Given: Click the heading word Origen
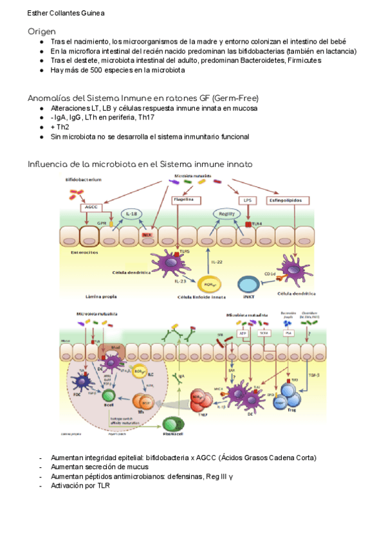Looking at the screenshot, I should (x=41, y=31).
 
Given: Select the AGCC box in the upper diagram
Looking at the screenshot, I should (x=91, y=208).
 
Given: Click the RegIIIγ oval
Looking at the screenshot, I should (x=225, y=214).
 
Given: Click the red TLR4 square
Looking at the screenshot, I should (x=248, y=225).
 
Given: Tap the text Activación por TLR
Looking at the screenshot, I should (x=80, y=485).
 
